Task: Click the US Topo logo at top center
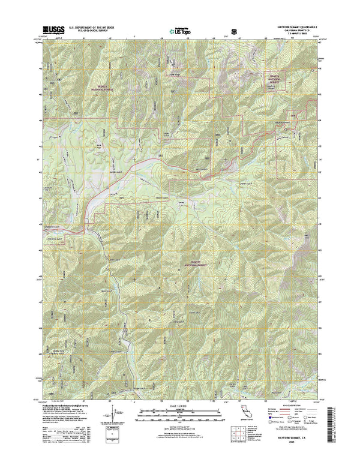[x=180, y=29]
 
